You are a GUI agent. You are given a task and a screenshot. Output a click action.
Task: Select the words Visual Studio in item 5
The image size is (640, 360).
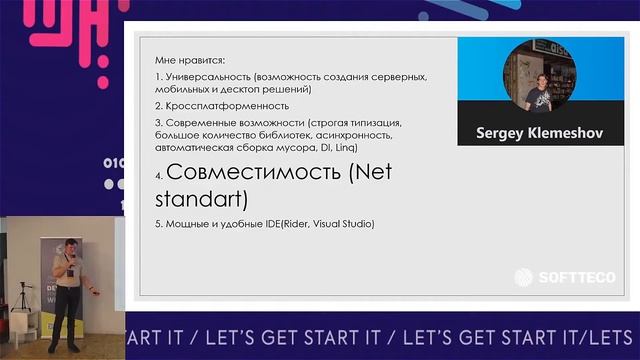(x=344, y=223)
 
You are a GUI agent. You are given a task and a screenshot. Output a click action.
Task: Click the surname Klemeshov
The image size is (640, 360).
(x=565, y=132)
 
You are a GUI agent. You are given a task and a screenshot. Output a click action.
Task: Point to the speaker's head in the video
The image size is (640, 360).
(x=71, y=246)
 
